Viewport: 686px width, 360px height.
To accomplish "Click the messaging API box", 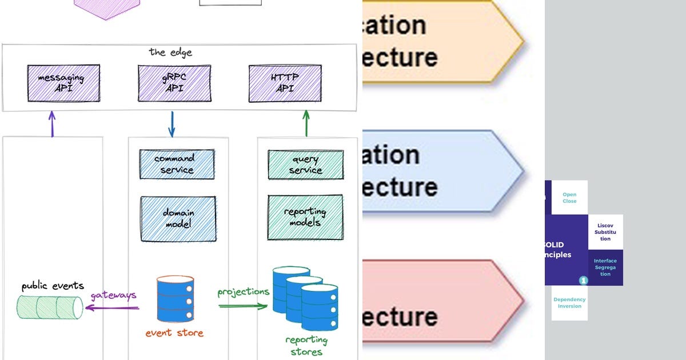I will point(63,83).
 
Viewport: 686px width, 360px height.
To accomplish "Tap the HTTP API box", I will point(285,83).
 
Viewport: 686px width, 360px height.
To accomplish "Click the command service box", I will point(177,165).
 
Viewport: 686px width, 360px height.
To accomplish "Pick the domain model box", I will point(178,218).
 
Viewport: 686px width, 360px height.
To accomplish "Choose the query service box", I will point(305,165).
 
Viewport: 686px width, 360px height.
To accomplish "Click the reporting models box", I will point(305,217).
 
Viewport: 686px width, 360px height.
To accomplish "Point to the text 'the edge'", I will point(170,52).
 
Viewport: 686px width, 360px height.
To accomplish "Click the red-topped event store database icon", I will point(176,299).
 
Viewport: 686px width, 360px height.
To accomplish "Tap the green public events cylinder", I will point(50,307).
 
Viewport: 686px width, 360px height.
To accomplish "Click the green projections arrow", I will point(243,306).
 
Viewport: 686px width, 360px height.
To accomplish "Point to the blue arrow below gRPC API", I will point(172,124).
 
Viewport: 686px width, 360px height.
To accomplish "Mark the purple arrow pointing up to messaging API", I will point(53,124).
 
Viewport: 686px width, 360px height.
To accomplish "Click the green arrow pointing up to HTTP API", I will point(306,124).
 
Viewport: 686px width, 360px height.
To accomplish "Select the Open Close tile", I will point(569,198).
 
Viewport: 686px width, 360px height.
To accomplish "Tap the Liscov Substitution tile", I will point(605,232).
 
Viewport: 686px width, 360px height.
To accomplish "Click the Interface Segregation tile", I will point(605,267).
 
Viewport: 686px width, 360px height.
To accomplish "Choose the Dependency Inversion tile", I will point(569,303).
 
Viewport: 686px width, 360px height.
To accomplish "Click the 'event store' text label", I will point(174,333).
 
